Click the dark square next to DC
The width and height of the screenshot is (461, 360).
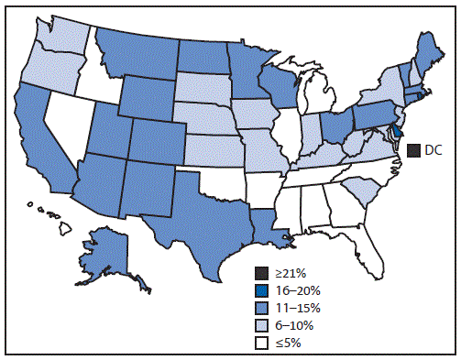coord(414,150)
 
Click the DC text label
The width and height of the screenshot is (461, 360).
coord(433,150)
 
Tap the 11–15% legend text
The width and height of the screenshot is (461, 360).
coord(293,307)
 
